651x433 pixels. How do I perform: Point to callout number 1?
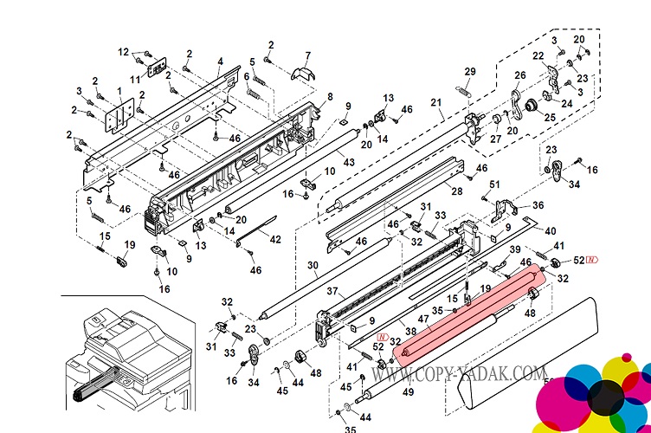(119, 91)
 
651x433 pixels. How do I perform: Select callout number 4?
(220, 61)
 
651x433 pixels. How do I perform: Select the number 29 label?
(470, 71)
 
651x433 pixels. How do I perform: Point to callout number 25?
(551, 117)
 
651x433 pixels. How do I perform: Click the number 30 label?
(312, 265)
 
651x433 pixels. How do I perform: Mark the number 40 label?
(550, 231)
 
